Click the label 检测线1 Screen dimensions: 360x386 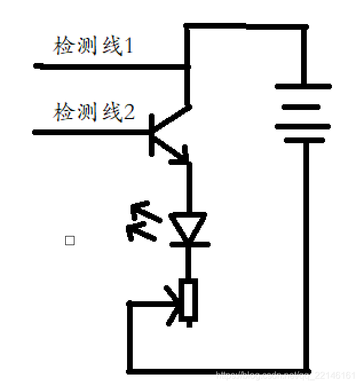(93, 46)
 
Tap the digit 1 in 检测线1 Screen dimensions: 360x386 (129, 46)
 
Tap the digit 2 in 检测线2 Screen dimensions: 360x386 (129, 112)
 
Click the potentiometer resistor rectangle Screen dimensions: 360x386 (189, 301)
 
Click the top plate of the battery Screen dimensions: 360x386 (303, 86)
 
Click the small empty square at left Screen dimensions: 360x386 (70, 241)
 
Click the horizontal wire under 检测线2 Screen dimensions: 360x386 (92, 132)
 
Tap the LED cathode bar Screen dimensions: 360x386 (189, 245)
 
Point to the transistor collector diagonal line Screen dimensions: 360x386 (171, 117)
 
